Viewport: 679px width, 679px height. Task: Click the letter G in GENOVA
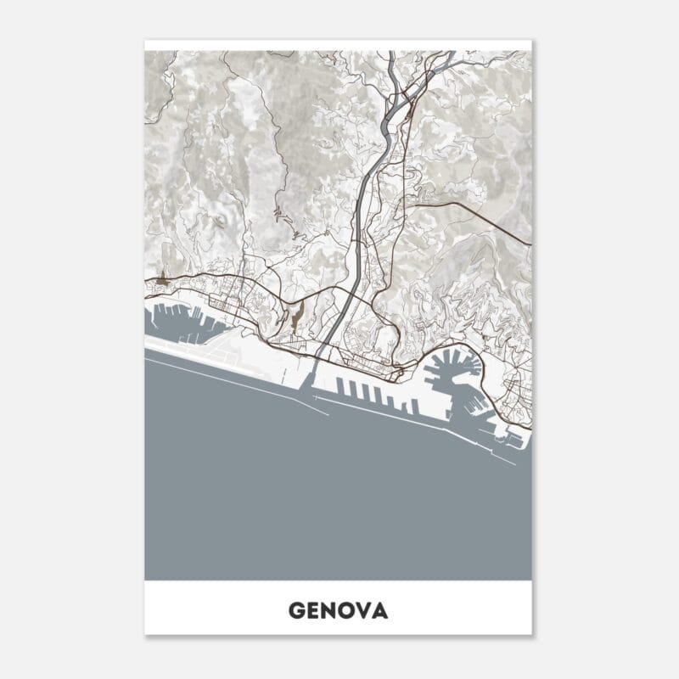(296, 610)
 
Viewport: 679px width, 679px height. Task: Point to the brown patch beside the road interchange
(295, 318)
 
